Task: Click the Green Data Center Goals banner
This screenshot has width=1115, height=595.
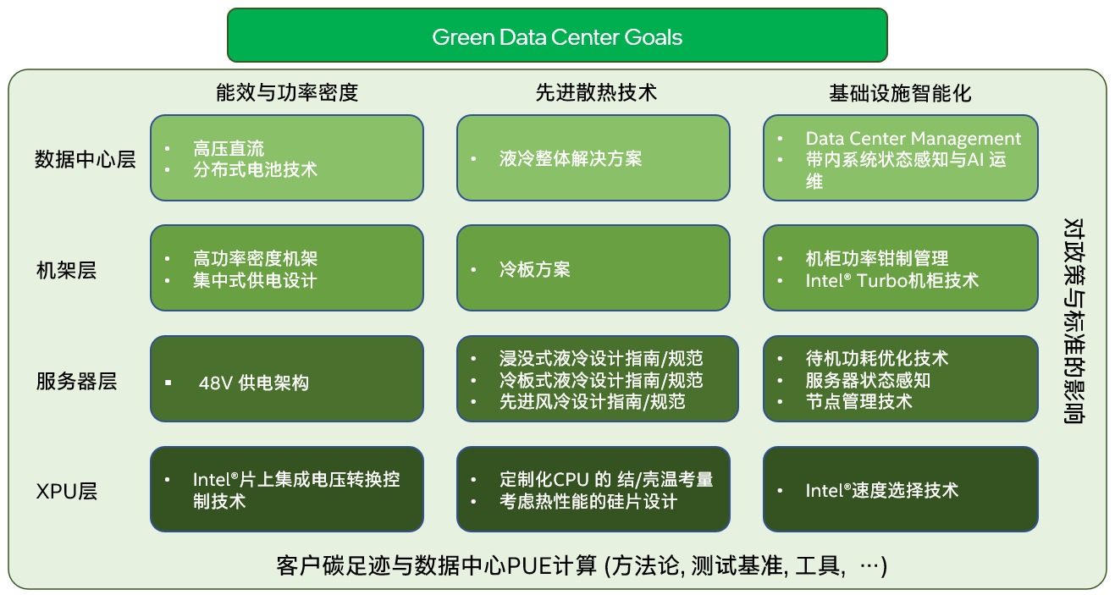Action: (557, 36)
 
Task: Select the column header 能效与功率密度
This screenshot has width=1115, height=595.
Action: (287, 92)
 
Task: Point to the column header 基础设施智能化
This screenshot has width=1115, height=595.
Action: (900, 93)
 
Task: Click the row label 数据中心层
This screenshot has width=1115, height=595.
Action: (85, 159)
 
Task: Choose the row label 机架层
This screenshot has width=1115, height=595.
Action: (66, 270)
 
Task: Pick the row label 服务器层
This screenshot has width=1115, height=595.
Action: (76, 381)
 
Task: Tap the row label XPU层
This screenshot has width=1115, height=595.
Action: (67, 491)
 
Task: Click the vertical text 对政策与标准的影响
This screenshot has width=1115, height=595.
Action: (1074, 322)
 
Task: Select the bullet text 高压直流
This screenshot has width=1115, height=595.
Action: (228, 149)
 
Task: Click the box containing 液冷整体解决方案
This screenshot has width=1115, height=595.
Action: (593, 158)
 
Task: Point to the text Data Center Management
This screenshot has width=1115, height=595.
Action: (913, 139)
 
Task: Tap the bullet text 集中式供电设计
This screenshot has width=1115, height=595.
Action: (254, 280)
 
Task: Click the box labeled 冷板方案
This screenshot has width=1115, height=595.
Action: (593, 268)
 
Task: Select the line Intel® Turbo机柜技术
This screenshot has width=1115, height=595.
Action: (891, 280)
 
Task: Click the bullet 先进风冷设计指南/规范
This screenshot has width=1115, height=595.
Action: (592, 401)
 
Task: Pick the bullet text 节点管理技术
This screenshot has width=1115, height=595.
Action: (858, 401)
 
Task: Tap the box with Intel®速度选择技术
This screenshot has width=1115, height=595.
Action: (900, 489)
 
